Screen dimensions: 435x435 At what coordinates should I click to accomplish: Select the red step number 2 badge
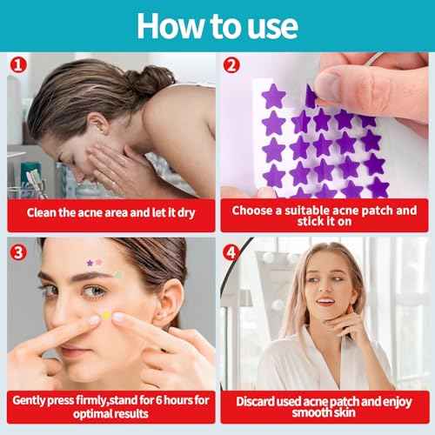(231, 65)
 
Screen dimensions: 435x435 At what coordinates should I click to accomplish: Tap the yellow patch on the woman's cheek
(106, 314)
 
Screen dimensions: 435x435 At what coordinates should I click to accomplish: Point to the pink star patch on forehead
(98, 261)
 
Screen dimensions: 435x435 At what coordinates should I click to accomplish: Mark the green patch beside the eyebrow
(118, 276)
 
